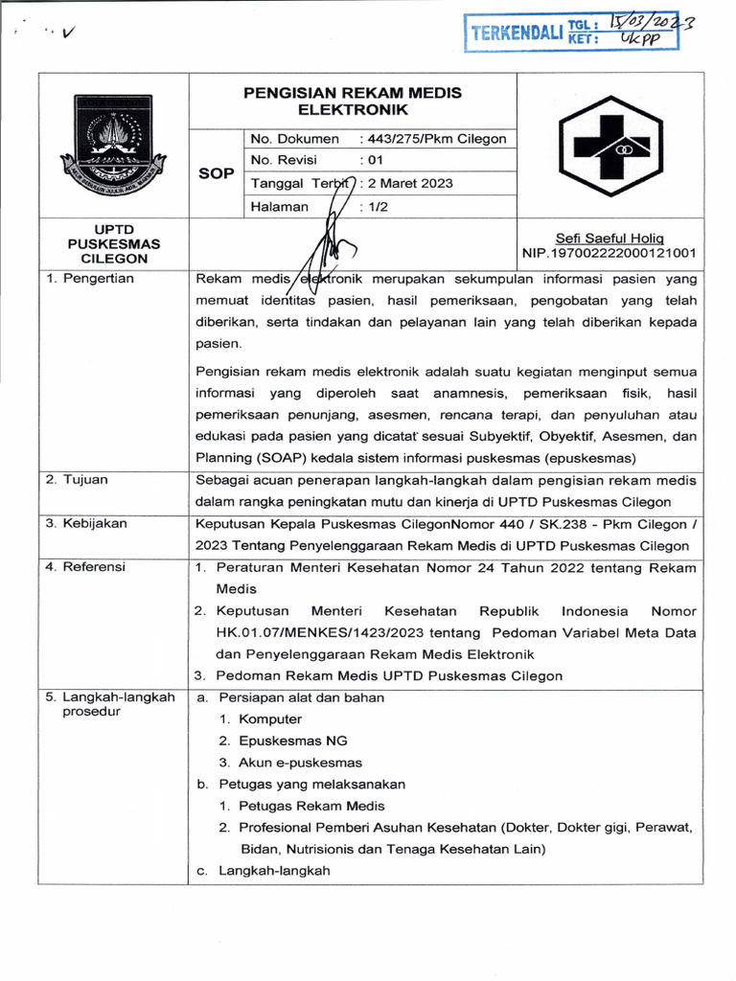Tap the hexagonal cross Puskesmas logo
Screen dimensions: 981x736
(x=609, y=147)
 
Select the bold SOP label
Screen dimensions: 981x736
(x=216, y=171)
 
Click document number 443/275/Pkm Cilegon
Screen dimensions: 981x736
(x=432, y=139)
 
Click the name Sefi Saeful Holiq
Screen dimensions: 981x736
(x=609, y=239)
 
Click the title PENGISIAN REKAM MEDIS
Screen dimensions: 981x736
(x=352, y=93)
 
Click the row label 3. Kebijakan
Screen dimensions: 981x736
(x=86, y=524)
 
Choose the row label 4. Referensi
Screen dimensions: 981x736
(x=85, y=567)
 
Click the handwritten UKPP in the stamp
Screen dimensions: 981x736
(x=640, y=39)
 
